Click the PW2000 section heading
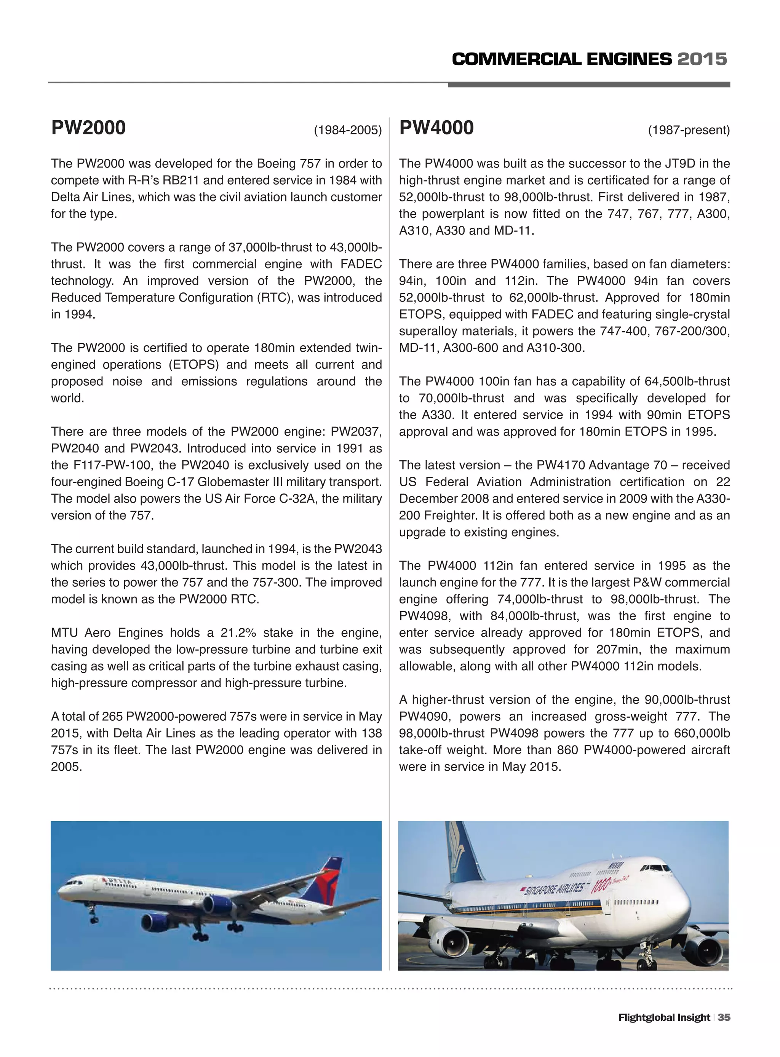click(88, 128)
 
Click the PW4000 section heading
click(436, 128)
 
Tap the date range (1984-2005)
click(347, 130)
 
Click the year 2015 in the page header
click(702, 59)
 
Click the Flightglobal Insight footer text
click(664, 1017)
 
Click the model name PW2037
click(357, 432)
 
